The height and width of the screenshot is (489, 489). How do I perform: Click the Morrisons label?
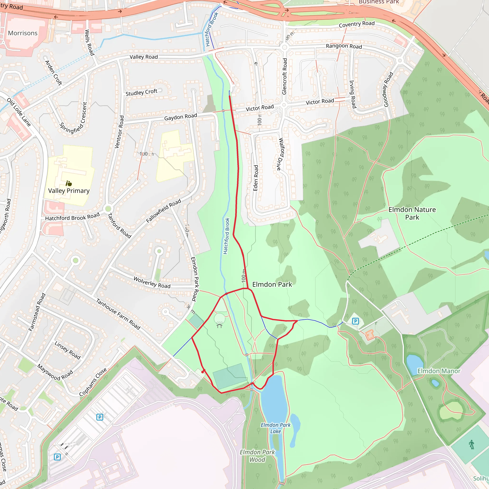click(23, 33)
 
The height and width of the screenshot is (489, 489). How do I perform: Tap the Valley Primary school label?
click(69, 191)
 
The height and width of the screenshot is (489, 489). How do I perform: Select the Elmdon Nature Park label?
click(412, 213)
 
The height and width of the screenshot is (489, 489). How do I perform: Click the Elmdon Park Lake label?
click(275, 428)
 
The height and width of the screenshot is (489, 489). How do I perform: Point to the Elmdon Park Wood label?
click(257, 456)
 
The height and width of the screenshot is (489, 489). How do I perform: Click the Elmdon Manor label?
click(439, 371)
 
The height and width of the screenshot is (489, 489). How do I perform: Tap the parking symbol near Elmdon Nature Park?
click(355, 321)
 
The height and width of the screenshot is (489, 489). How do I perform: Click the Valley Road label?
click(144, 57)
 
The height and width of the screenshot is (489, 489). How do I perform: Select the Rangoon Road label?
click(344, 46)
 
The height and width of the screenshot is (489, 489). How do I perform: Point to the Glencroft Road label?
click(285, 76)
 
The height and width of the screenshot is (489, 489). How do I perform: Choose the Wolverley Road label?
click(152, 282)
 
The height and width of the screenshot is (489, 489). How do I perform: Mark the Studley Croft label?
click(141, 92)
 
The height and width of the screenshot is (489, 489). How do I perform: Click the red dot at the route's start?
click(203, 372)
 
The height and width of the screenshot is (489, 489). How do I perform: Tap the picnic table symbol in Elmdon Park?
click(219, 326)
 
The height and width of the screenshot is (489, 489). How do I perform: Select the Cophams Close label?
click(93, 382)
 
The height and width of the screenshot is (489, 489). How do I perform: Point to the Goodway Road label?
click(388, 89)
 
